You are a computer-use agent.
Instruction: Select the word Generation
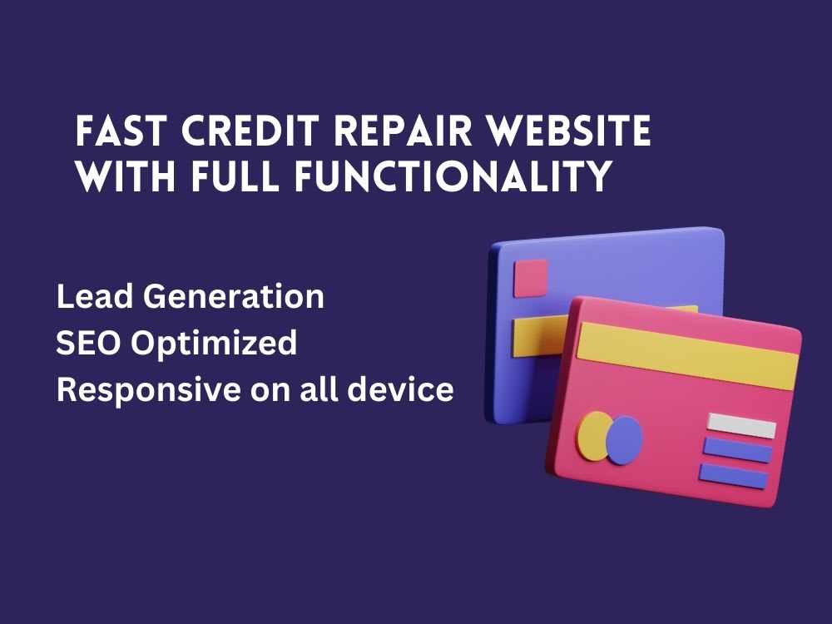click(231, 297)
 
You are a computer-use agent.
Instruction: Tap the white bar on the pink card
click(740, 426)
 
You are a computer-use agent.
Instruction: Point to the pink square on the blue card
click(531, 277)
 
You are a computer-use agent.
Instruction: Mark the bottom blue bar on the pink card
click(733, 476)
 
